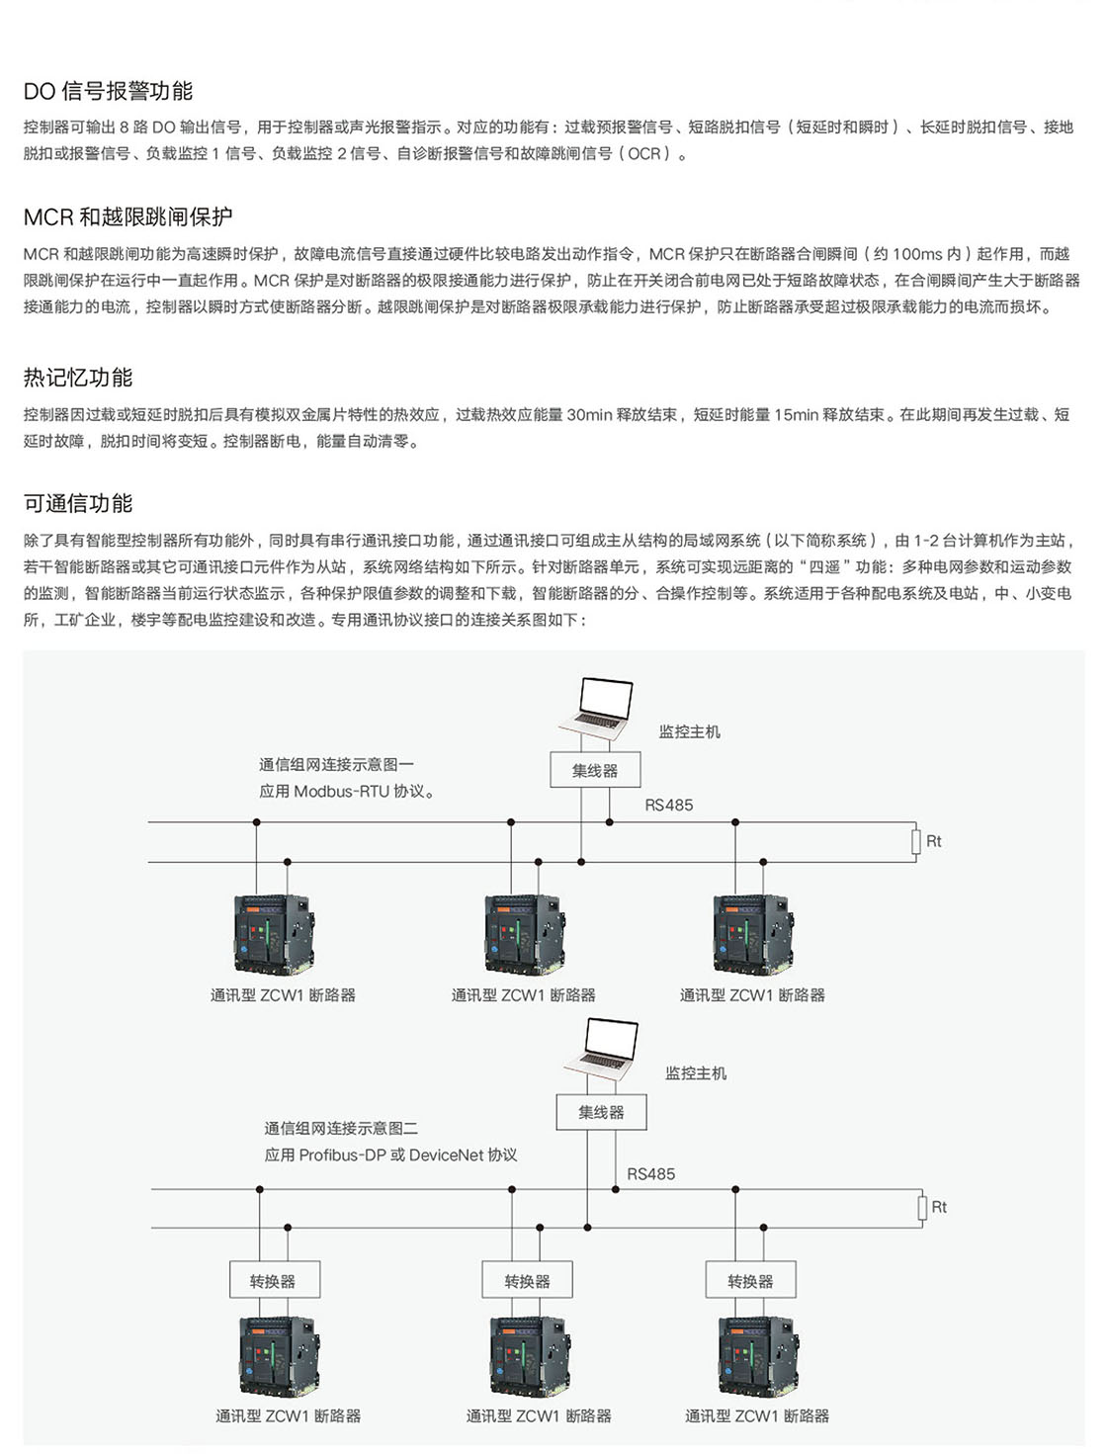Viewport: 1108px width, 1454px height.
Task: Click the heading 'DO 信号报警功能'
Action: tap(108, 91)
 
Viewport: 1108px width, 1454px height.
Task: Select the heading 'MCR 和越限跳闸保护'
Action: tap(128, 216)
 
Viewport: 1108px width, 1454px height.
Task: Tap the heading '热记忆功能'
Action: tap(78, 378)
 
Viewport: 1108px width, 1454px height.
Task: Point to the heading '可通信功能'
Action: tap(78, 503)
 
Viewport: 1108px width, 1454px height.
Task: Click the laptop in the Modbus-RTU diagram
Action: tap(598, 707)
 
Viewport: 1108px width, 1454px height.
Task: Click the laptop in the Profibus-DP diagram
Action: tap(603, 1049)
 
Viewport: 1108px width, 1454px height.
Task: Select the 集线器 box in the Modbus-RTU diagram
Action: tap(595, 770)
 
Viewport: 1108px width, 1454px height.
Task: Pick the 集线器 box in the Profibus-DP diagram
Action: tap(601, 1112)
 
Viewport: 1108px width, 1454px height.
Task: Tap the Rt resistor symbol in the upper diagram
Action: tap(915, 841)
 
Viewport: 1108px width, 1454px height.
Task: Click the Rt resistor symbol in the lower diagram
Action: tap(921, 1207)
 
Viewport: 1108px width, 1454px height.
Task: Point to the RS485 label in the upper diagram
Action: tap(669, 805)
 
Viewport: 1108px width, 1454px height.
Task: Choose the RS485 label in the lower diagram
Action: tap(650, 1174)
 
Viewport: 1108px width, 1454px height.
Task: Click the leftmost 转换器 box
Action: tap(274, 1281)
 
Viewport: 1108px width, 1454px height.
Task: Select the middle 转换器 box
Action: tap(527, 1281)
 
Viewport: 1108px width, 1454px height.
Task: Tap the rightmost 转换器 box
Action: tap(750, 1281)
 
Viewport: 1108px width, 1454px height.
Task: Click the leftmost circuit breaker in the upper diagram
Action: tap(274, 935)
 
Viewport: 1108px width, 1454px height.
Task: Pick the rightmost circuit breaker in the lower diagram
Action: tap(757, 1355)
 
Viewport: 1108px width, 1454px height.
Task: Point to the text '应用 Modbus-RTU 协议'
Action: tap(346, 791)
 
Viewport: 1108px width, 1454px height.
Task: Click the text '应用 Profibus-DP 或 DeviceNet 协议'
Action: tap(390, 1155)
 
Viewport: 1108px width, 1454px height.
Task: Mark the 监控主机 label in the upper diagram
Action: tap(690, 731)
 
